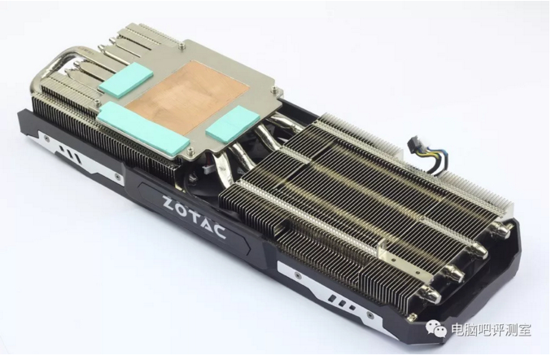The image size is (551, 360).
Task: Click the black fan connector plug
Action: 414,145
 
